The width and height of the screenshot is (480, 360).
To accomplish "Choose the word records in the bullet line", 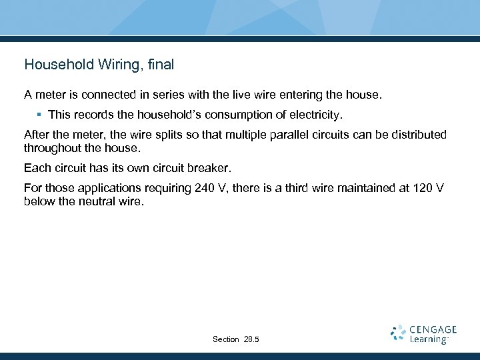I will point(97,115).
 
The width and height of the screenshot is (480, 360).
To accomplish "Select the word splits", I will point(153,135).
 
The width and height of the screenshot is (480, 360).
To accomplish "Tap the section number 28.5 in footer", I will point(251,339).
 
